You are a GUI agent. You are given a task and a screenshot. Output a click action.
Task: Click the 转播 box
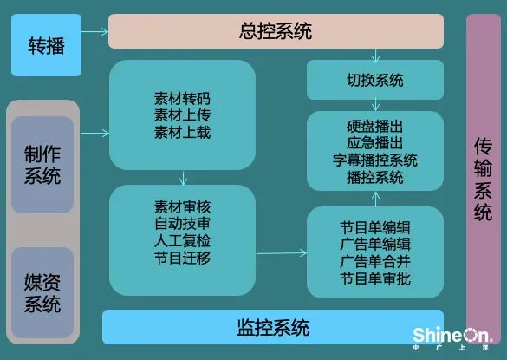[46, 45]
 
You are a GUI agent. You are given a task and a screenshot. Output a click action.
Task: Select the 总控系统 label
[276, 31]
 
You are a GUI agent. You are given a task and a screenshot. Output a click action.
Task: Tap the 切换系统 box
[375, 80]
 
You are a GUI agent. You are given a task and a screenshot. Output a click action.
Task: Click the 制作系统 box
[42, 165]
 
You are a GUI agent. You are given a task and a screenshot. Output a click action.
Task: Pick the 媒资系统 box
[42, 293]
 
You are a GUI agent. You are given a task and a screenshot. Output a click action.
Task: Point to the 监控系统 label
[273, 327]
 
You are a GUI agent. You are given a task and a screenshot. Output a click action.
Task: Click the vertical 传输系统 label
[483, 179]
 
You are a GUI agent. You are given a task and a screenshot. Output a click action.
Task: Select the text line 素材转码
[182, 98]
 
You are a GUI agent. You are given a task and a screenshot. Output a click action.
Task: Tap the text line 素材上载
[182, 132]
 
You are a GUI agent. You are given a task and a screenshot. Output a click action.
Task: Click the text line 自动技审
[182, 224]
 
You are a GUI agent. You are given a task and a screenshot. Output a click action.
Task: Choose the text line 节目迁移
[182, 258]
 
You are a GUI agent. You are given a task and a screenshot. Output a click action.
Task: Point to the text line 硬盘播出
[375, 127]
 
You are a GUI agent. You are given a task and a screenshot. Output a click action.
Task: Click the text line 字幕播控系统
[375, 160]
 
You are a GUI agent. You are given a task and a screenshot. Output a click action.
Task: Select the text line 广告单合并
[375, 262]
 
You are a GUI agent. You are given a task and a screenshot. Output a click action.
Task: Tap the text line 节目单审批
[375, 278]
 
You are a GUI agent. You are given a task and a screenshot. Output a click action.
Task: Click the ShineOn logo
[452, 338]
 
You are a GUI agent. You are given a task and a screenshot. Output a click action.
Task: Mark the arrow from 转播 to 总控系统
[94, 32]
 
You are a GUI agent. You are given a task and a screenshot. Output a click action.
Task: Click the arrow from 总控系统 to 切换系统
[375, 56]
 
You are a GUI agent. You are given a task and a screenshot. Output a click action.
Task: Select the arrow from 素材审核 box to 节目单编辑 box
[282, 253]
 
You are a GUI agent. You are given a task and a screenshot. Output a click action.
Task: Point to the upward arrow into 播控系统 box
[375, 199]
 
